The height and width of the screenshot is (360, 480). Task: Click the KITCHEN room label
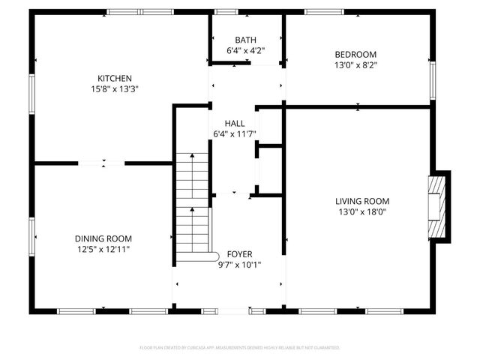[115, 78]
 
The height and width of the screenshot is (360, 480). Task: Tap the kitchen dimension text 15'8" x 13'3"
[115, 88]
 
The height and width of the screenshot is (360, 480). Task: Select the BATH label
[245, 40]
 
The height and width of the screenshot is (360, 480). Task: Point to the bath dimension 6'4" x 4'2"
[245, 50]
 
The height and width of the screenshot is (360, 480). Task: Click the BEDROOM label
[355, 54]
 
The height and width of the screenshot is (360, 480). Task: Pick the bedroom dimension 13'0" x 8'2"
[355, 64]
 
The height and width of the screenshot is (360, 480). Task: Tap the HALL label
[234, 123]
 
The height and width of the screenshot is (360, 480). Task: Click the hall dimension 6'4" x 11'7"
[234, 133]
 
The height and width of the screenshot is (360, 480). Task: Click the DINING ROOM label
[103, 238]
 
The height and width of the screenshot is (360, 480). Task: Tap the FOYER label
[239, 254]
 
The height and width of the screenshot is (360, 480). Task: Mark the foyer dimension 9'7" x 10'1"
[239, 264]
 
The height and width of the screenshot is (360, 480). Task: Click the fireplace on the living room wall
[439, 207]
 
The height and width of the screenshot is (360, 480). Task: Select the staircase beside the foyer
[193, 206]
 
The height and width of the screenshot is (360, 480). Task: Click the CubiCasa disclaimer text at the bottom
[240, 348]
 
